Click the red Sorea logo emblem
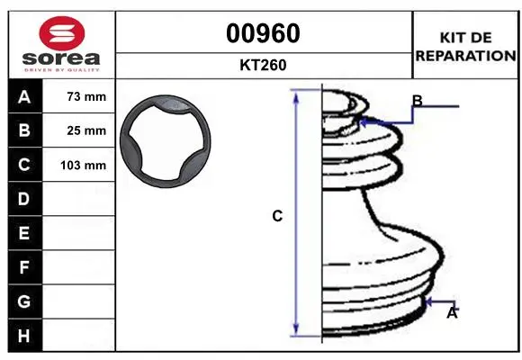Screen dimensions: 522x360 coord(62,33)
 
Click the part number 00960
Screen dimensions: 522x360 coord(263,33)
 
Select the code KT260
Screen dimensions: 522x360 coord(263,65)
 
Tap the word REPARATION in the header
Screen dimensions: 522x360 coord(465,56)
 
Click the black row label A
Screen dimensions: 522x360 coord(25,96)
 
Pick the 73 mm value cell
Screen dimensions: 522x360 coord(78,96)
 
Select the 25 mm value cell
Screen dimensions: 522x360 coord(78,130)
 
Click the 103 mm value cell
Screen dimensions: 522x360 coord(78,165)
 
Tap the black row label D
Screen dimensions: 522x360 coord(25,199)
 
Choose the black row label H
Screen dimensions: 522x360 coord(25,336)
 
